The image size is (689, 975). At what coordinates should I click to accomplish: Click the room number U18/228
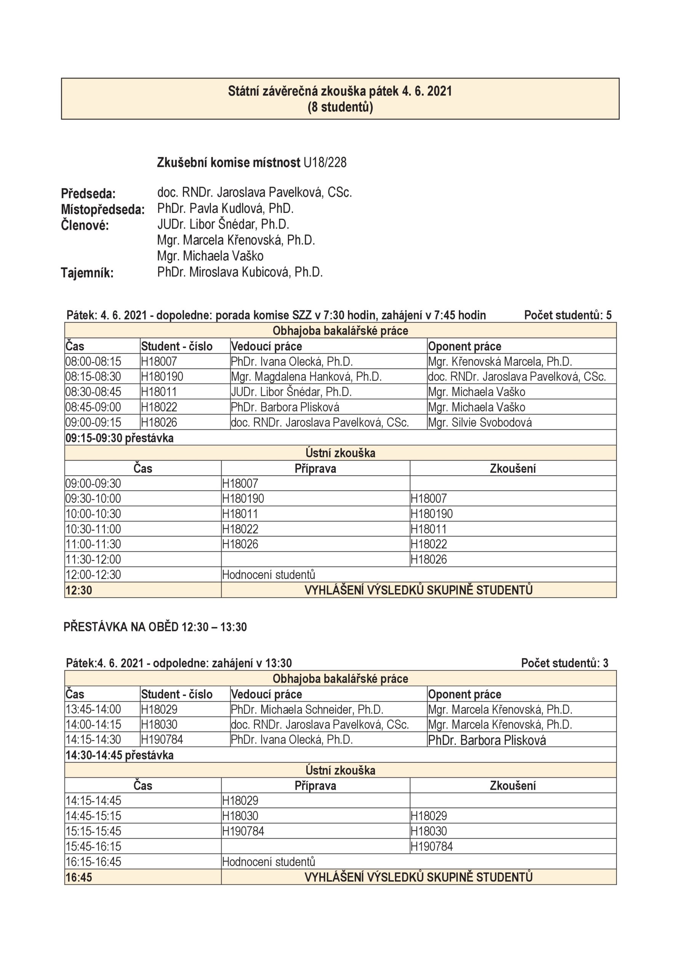pos(325,163)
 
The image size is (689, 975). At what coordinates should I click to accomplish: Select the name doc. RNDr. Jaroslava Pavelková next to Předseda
pos(254,192)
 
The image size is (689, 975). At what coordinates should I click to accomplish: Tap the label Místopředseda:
pos(103,209)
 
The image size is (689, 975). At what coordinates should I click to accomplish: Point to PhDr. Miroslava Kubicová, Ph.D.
pos(240,272)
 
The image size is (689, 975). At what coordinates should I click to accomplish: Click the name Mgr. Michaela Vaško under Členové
pos(210,256)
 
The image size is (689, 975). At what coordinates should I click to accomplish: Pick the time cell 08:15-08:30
pos(93,377)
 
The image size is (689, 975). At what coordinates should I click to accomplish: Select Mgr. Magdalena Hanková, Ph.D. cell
pos(306,377)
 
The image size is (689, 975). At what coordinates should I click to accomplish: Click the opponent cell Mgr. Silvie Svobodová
pos(480,422)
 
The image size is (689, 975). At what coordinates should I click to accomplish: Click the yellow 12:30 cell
pos(79,590)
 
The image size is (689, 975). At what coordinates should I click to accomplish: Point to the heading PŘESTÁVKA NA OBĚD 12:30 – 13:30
pos(155,627)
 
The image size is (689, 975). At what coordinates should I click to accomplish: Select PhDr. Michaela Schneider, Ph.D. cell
pos(307,710)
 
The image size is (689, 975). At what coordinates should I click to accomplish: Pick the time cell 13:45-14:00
pos(93,710)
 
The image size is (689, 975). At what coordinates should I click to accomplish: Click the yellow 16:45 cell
pos(79,877)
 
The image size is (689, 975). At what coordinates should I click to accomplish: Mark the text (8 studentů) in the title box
pos(340,107)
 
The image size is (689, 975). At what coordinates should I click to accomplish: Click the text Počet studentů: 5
pos(568,315)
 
